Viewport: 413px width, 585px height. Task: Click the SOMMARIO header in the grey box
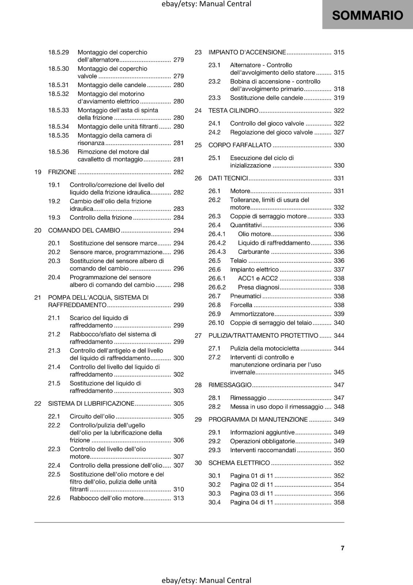(x=367, y=15)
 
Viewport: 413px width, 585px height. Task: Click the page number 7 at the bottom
(x=342, y=548)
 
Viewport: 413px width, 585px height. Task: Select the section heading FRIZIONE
(x=62, y=172)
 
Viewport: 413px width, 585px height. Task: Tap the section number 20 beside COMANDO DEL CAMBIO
(x=38, y=230)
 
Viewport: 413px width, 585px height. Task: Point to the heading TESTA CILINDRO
(x=233, y=110)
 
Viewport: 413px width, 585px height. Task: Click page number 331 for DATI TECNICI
(x=339, y=178)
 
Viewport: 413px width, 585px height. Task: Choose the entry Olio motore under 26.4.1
(x=254, y=234)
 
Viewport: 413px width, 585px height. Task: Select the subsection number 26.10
(x=216, y=322)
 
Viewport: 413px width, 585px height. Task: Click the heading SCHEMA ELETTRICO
(x=239, y=463)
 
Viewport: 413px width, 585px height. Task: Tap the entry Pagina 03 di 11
(x=251, y=493)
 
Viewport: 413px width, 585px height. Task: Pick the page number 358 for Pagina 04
(x=339, y=502)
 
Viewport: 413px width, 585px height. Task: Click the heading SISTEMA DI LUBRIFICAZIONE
(x=91, y=404)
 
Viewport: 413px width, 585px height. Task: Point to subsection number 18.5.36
(x=58, y=152)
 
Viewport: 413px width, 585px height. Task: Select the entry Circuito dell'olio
(x=92, y=416)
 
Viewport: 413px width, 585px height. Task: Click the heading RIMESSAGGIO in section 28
(x=230, y=385)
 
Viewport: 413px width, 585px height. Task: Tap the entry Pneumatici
(x=246, y=296)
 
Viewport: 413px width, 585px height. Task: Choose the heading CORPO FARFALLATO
(x=240, y=145)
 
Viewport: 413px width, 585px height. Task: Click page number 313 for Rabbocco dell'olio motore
(x=178, y=498)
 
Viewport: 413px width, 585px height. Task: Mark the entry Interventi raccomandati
(x=263, y=450)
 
